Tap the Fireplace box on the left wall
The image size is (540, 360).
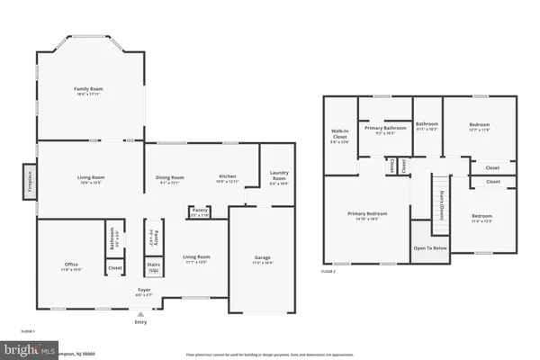28,178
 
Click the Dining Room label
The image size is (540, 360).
171,179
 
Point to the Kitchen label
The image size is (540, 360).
227,178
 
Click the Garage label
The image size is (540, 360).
262,260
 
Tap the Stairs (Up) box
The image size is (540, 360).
154,267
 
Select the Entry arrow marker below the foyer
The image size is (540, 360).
139,314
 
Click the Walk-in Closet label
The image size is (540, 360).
339,135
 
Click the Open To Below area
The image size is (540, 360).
430,248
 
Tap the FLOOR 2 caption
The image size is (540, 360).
328,271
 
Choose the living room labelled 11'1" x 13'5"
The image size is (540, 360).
196,260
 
